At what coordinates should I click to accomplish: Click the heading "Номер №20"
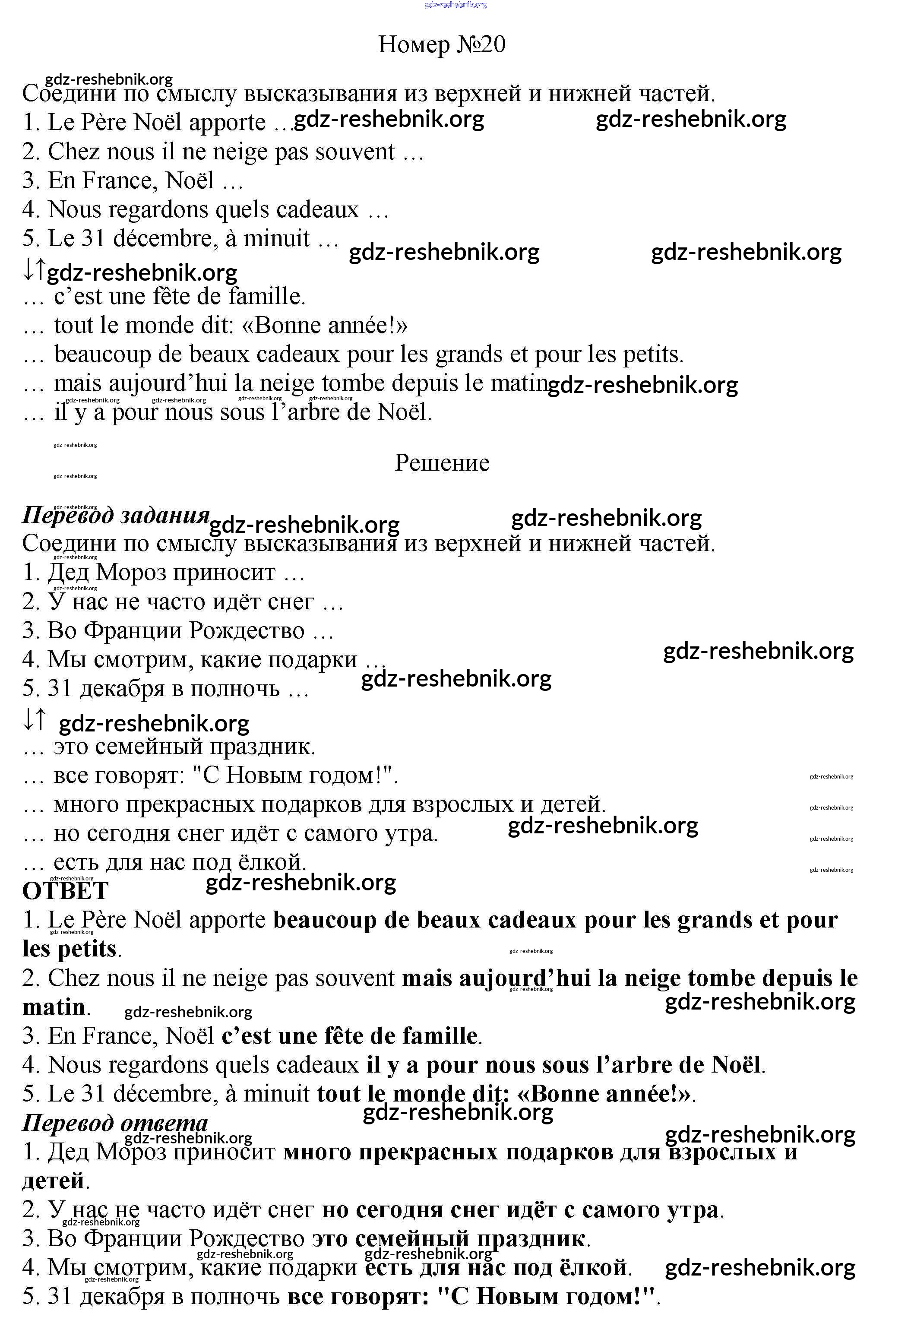pos(441,44)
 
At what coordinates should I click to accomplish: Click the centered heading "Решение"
pos(442,462)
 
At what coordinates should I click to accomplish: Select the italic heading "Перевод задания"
pos(115,515)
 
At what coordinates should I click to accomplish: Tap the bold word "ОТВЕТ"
pos(65,891)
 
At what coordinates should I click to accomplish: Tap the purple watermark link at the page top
pos(455,5)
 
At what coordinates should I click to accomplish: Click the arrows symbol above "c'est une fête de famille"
pos(33,269)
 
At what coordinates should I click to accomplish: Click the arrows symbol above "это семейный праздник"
pos(33,720)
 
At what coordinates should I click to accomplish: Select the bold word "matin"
pos(54,1007)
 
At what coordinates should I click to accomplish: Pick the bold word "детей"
pos(54,1181)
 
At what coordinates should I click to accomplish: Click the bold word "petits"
pos(86,949)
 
